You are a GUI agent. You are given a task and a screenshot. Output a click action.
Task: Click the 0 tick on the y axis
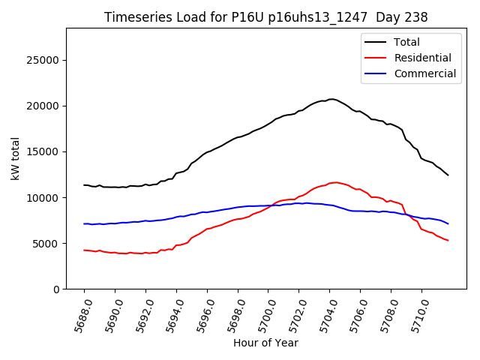56,289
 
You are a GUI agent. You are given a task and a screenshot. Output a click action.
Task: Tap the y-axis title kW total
15,158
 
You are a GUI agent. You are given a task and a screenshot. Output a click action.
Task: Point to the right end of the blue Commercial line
448,223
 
